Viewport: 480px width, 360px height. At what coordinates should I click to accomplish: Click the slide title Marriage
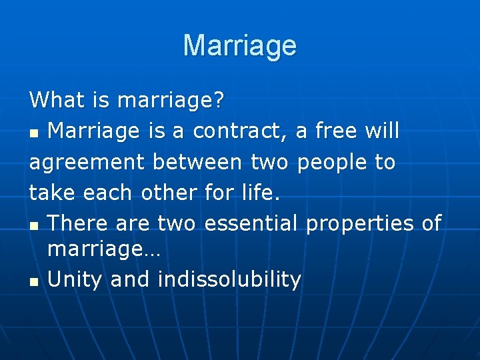point(240,45)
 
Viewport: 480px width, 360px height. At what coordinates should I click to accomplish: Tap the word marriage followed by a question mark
point(171,101)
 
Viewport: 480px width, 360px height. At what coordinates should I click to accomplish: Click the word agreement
point(88,162)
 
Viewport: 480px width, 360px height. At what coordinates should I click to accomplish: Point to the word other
point(169,193)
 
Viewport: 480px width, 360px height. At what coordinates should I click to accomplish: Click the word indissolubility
point(229,280)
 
